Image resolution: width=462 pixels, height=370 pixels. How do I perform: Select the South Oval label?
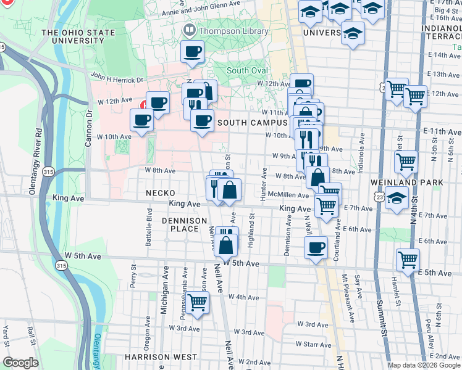(x=247, y=70)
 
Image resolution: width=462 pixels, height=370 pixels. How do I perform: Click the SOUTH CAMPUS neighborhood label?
(x=253, y=123)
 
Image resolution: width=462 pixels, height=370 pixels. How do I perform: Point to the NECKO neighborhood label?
(x=161, y=193)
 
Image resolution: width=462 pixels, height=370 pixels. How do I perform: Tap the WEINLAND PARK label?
(x=415, y=183)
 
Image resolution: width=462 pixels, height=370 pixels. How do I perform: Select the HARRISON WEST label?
(x=161, y=357)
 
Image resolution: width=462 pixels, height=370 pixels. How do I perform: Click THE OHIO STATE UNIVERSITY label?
(x=78, y=37)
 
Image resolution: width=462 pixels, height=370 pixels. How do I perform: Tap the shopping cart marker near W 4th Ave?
(x=197, y=303)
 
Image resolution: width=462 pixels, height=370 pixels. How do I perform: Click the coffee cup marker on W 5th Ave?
(x=316, y=248)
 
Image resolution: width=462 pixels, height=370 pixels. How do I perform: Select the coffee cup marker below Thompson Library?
(x=193, y=52)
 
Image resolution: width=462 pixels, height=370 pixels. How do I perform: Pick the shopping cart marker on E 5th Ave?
(x=408, y=259)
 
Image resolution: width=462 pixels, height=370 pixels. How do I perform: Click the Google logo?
(x=20, y=363)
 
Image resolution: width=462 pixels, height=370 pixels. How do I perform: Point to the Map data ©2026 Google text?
(x=424, y=365)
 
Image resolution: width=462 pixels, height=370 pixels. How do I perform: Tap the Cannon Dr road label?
(x=89, y=124)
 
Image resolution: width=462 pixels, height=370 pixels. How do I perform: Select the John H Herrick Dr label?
(x=117, y=79)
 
